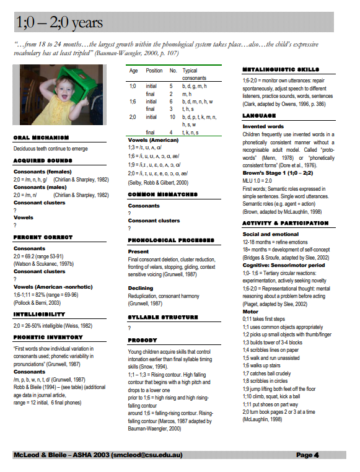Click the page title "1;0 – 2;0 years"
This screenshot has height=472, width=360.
[x=59, y=23]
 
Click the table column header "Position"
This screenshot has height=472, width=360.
[x=154, y=71]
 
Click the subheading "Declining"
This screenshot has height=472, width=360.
[x=141, y=288]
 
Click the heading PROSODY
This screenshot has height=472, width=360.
[x=142, y=340]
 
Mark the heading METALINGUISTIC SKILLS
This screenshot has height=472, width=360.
[x=281, y=70]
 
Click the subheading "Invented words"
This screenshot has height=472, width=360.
[x=263, y=126]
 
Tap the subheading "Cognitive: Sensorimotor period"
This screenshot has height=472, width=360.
[x=284, y=264]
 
